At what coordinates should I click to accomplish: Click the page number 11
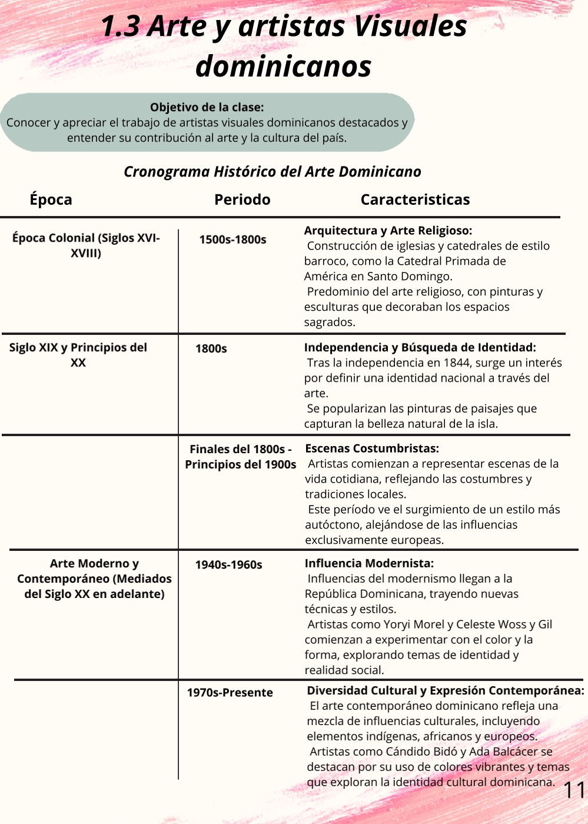coord(574,790)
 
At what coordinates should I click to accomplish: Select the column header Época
coord(51,200)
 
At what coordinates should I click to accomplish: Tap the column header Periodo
coord(242,200)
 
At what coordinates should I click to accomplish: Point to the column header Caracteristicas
coord(415,200)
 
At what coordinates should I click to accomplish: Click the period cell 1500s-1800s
coord(232,240)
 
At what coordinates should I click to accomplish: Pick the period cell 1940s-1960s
coord(228,564)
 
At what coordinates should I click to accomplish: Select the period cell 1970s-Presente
coord(230,693)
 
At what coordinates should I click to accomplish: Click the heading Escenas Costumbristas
coord(371,448)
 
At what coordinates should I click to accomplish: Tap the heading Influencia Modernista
coord(369,563)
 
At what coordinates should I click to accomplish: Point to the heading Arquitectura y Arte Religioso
coord(388,231)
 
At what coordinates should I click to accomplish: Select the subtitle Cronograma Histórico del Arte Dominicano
coord(272,172)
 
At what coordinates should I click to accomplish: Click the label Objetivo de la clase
coord(207,107)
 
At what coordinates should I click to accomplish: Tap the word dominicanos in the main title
coord(283,66)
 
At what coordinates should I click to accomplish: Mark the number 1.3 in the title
coord(120,26)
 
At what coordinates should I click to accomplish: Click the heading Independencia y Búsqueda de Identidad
coord(420,347)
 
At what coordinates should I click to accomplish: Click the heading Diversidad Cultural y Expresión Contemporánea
coord(446,690)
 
